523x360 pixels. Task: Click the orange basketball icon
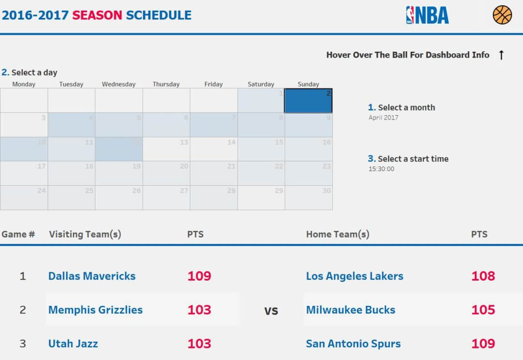[x=502, y=15]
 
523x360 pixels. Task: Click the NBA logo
[x=427, y=15]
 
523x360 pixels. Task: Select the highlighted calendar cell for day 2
[x=308, y=101]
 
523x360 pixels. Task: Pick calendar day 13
[x=166, y=149]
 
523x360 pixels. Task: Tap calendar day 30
[x=308, y=197]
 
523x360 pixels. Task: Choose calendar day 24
[x=24, y=197]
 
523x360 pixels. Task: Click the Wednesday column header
[x=119, y=84]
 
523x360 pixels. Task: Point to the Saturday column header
[x=261, y=84]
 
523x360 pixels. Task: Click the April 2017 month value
[x=384, y=118]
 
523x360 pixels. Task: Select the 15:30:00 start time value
[x=382, y=169]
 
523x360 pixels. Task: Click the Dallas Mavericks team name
[x=92, y=276]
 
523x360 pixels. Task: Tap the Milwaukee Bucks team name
[x=351, y=310]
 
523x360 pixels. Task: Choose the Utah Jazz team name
[x=73, y=344]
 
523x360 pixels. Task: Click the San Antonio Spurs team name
[x=354, y=344]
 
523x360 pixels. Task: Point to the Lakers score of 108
[x=483, y=276]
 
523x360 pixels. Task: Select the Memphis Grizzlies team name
[x=95, y=310]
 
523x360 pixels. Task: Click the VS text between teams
[x=271, y=311]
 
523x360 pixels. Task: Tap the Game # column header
[x=18, y=234]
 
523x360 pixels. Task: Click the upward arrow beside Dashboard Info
[x=501, y=55]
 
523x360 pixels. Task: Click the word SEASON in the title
[x=97, y=15]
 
